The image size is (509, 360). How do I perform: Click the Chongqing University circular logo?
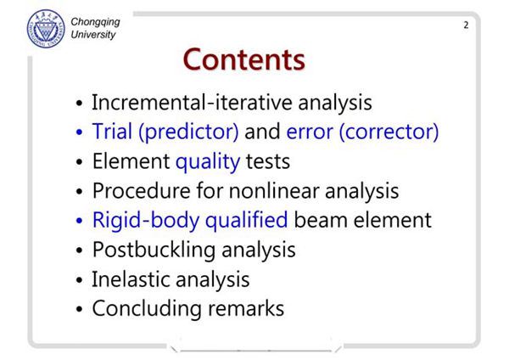point(46,29)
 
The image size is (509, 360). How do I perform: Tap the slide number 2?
point(466,25)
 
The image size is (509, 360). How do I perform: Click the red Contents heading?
point(244,59)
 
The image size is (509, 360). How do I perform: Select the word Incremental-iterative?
point(193,103)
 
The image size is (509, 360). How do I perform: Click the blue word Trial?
point(112,132)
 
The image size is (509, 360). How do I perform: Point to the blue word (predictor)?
point(188,132)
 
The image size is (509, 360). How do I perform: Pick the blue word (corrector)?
point(389,132)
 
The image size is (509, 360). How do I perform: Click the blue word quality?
point(208,162)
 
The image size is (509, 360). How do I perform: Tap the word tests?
point(268,162)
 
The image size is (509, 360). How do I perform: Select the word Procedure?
point(141,191)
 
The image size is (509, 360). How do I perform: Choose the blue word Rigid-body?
point(146,220)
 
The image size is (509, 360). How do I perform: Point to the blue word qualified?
point(246,220)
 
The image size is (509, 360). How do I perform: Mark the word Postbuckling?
point(154,250)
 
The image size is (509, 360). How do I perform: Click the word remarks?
point(246,309)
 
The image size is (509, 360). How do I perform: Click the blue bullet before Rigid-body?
point(80,221)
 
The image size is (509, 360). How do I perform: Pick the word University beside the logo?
point(93,35)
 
